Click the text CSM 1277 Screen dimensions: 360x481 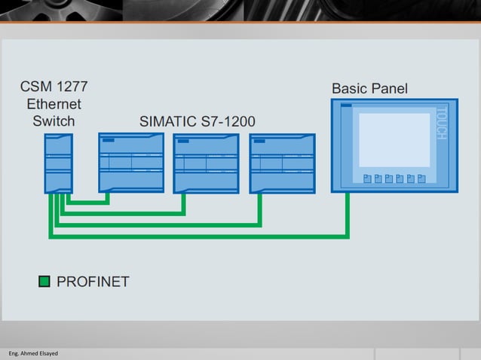click(58, 87)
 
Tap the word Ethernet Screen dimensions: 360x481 click(54, 104)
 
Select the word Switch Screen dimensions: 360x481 click(54, 121)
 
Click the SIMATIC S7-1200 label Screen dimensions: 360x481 click(198, 121)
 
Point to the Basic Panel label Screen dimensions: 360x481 click(369, 89)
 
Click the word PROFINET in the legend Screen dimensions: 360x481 click(93, 282)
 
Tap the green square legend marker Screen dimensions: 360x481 click(44, 282)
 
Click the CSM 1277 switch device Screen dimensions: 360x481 click(58, 163)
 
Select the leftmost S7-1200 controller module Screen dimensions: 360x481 click(131, 163)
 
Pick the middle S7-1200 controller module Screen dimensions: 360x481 click(206, 163)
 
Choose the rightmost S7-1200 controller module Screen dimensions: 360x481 click(282, 163)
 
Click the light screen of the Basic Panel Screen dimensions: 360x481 click(394, 140)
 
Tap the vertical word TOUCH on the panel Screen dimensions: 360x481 click(442, 123)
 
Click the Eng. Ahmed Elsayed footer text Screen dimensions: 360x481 click(33, 353)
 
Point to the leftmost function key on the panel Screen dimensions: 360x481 click(367, 178)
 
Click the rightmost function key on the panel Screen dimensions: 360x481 click(422, 178)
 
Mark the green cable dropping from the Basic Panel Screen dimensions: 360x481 click(348, 215)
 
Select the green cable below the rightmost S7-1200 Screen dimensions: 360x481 click(259, 209)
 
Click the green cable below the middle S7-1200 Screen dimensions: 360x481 click(183, 203)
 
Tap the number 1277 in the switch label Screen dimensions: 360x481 click(78, 87)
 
